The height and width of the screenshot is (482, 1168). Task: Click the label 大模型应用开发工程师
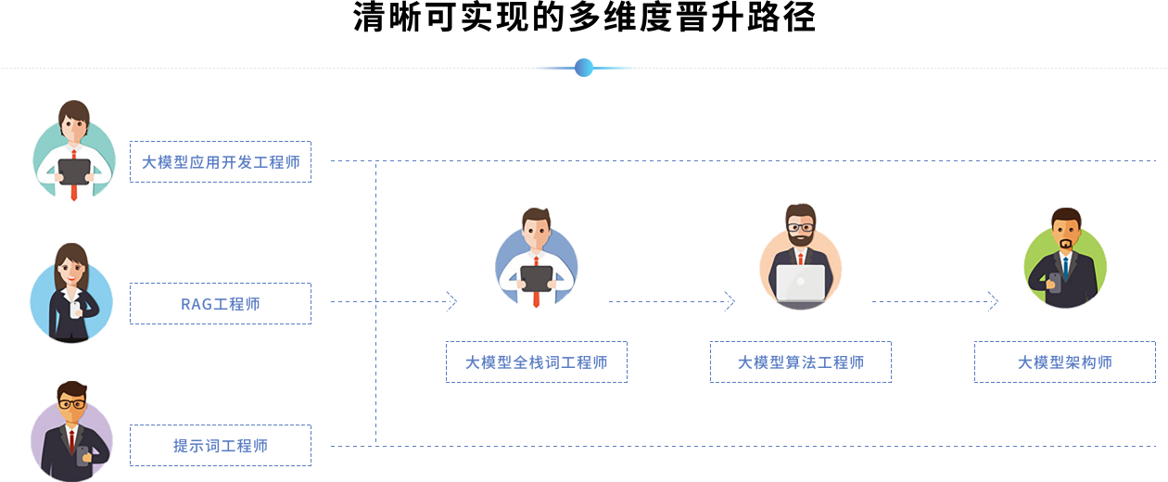pos(221,162)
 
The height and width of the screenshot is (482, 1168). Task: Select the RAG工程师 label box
pos(221,304)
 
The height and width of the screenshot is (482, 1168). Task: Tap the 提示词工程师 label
pos(221,446)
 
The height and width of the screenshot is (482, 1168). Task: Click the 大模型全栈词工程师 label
pos(537,362)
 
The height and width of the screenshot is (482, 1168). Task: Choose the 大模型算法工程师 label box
pos(801,362)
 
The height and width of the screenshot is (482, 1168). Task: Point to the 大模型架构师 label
pos(1065,362)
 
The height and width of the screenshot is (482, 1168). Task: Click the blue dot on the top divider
pos(583,68)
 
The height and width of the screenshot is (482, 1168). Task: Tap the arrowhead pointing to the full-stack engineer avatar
pos(452,301)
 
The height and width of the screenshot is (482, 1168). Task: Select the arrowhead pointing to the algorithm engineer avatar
pos(730,301)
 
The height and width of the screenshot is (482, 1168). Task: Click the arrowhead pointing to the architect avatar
pos(993,301)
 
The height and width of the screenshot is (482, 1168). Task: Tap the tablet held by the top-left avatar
pos(74,171)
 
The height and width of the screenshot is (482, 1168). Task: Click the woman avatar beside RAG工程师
pos(71,292)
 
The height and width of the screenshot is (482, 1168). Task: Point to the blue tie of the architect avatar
pos(1066,269)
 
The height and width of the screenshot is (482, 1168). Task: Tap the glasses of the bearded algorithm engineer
pos(801,227)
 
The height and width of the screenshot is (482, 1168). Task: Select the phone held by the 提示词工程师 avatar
pos(83,453)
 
